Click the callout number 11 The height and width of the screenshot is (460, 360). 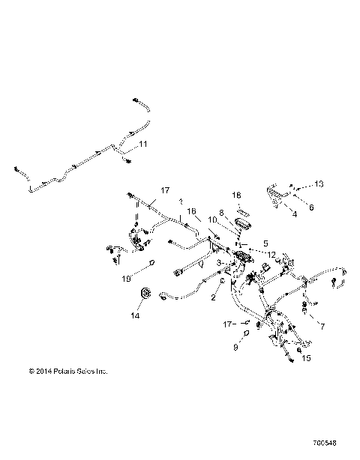point(143,143)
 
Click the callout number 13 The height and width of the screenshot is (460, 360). point(318,184)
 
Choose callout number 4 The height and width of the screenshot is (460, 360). point(294,214)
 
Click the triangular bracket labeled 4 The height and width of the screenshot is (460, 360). point(277,199)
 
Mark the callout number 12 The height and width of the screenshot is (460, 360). point(271,255)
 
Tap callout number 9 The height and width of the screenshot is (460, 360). point(235,348)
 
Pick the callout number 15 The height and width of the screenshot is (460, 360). point(306,359)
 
